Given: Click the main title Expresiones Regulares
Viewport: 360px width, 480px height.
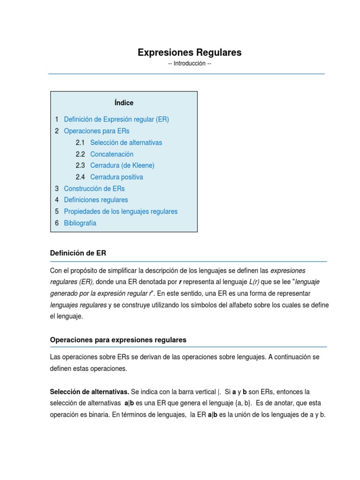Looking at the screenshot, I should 189,52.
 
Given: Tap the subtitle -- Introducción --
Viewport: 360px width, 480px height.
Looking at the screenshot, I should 189,64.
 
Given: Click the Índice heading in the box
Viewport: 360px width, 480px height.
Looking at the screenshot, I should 124,103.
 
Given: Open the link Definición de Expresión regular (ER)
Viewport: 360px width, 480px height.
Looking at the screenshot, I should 116,119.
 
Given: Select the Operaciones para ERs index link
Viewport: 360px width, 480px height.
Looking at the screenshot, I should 97,131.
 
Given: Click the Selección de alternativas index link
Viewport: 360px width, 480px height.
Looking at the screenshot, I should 126,142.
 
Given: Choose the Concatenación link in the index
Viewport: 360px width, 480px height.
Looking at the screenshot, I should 112,154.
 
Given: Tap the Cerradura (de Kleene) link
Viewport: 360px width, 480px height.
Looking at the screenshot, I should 122,165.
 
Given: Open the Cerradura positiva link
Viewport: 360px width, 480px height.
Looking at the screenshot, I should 116,177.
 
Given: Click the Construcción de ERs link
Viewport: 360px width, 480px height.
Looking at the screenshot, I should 94,188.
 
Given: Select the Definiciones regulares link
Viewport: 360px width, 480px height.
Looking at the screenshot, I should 96,200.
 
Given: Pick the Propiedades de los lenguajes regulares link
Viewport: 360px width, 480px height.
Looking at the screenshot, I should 120,211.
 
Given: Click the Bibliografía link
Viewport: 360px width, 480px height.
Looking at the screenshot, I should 80,223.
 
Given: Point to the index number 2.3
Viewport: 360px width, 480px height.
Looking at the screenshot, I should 80,165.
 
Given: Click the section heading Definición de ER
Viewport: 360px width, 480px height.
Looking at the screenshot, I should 78,253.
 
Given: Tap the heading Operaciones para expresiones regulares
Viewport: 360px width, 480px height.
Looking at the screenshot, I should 118,339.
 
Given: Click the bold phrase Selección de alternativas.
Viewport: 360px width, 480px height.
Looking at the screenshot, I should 90,391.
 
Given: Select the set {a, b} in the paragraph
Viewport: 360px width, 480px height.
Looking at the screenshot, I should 240,403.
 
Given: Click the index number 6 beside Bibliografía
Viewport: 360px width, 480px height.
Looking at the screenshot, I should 57,223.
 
